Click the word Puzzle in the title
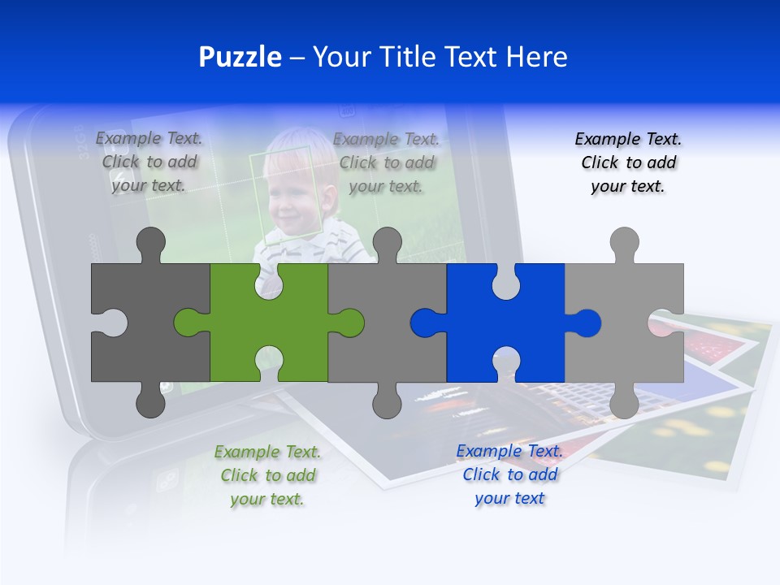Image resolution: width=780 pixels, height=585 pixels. click(x=240, y=57)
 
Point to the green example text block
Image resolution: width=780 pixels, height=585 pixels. click(x=267, y=475)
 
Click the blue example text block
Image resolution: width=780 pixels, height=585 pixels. click(x=509, y=474)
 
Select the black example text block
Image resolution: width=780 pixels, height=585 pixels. click(x=628, y=162)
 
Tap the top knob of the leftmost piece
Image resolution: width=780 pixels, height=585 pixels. click(x=150, y=243)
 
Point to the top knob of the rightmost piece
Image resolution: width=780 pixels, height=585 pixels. click(x=624, y=243)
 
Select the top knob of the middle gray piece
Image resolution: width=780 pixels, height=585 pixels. click(x=387, y=243)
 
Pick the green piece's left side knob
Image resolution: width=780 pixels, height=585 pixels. click(x=188, y=323)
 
